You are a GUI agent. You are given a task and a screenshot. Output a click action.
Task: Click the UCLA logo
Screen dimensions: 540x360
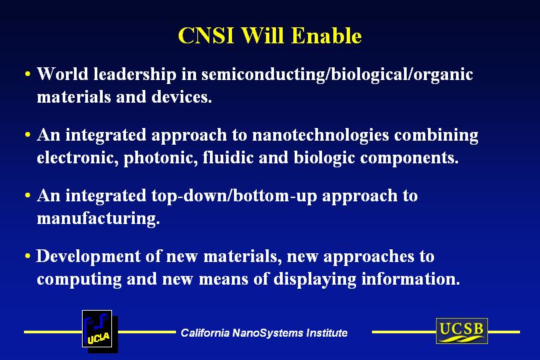(99, 331)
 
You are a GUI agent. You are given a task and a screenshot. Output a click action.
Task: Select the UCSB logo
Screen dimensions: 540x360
(462, 331)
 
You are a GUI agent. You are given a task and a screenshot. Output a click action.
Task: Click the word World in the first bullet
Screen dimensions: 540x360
(63, 74)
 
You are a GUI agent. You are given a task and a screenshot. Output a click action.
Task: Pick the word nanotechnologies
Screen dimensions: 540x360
(321, 136)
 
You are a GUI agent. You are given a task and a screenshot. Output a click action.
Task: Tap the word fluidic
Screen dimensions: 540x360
(228, 157)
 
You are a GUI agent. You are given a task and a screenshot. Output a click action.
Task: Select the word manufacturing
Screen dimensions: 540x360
(98, 219)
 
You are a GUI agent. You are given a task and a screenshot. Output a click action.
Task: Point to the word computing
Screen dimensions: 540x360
(79, 280)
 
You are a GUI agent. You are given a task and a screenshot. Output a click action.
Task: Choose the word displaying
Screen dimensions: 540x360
(315, 280)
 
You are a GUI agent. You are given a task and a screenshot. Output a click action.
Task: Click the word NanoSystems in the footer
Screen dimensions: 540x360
(268, 333)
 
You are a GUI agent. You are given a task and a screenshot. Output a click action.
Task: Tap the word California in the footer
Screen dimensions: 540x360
(205, 333)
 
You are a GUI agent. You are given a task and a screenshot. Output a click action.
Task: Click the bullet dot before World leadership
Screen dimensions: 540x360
(28, 74)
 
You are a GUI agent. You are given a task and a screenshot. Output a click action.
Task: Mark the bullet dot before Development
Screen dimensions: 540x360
(28, 256)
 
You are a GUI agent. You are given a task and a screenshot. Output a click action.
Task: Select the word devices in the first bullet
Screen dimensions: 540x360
(181, 97)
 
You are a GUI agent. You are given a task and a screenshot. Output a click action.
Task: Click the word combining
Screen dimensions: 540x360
(437, 136)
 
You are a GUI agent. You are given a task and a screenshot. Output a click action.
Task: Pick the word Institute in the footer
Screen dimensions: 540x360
(327, 333)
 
